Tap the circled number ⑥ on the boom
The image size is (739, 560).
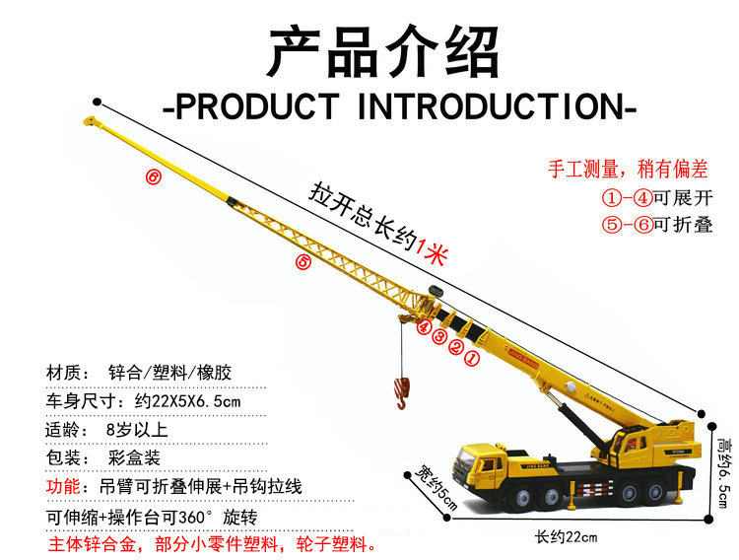point(153,177)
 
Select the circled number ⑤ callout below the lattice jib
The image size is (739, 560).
point(303,262)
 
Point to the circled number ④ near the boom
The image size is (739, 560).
point(423,326)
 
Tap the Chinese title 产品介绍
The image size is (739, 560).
point(383,51)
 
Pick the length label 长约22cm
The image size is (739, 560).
point(566,537)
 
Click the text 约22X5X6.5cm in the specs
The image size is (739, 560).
point(179,402)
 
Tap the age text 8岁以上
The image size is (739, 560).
point(137,430)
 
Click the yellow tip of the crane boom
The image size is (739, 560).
point(91,122)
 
